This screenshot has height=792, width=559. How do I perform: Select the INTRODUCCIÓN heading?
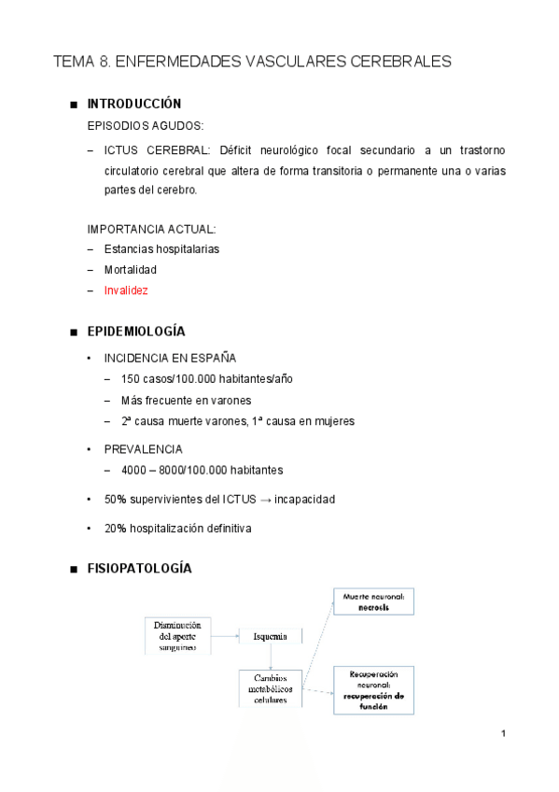click(x=133, y=104)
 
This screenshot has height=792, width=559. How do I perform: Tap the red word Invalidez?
click(x=126, y=290)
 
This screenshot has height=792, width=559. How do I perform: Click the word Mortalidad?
click(x=131, y=270)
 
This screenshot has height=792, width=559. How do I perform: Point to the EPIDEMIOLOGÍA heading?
click(x=135, y=332)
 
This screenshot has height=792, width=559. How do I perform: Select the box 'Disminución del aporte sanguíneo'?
click(x=177, y=635)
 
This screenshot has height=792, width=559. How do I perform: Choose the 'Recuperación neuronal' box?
click(x=373, y=690)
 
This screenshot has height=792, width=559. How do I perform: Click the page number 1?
click(x=503, y=733)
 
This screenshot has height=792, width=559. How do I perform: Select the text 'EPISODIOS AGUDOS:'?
click(x=145, y=124)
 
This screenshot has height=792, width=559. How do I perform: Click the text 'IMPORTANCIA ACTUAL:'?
click(x=151, y=229)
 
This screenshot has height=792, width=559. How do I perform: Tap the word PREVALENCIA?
click(x=144, y=449)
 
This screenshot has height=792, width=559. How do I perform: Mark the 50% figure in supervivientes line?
click(x=116, y=500)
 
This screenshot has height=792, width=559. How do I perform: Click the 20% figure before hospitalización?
click(x=116, y=529)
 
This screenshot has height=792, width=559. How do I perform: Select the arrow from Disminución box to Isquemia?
click(x=225, y=636)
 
